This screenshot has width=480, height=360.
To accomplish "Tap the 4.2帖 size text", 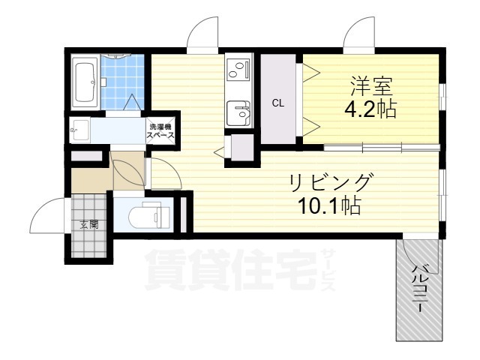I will click(370, 110).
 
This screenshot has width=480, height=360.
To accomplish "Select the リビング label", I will click(330, 182).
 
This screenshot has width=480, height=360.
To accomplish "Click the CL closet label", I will click(277, 103).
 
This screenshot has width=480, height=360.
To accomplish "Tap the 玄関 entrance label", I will click(88, 223).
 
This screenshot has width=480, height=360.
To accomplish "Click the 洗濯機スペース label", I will click(160, 132).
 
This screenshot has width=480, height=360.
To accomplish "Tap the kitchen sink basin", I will click(240, 114).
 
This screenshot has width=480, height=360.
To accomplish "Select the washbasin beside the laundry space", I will click(79, 132).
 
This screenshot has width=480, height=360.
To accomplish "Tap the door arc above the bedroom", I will click(358, 34).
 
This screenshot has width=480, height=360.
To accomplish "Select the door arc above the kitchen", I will click(202, 34).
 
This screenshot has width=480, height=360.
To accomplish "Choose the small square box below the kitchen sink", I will click(240, 146).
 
